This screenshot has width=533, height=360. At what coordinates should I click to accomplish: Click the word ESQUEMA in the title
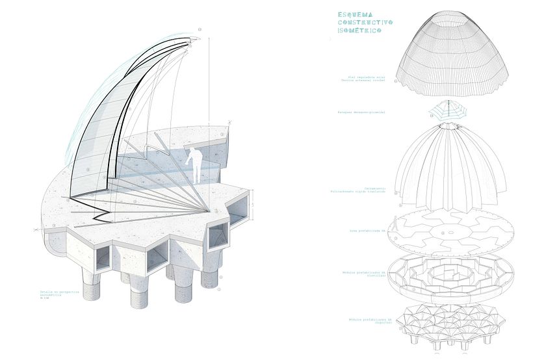point(354,14)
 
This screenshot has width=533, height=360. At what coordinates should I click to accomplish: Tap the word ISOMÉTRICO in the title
point(357,31)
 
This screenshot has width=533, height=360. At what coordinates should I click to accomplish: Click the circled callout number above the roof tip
point(200,29)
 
